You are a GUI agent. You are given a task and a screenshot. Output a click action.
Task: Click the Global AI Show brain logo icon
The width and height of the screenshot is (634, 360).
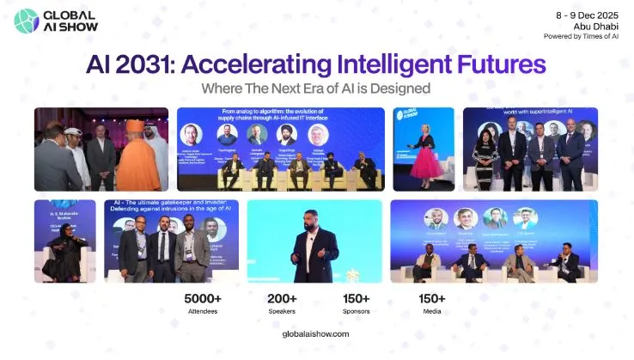point(26,20)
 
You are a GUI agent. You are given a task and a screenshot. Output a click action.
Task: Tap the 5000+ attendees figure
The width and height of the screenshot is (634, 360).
point(204,298)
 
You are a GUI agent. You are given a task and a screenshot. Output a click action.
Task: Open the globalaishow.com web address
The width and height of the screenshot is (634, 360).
point(316,333)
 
